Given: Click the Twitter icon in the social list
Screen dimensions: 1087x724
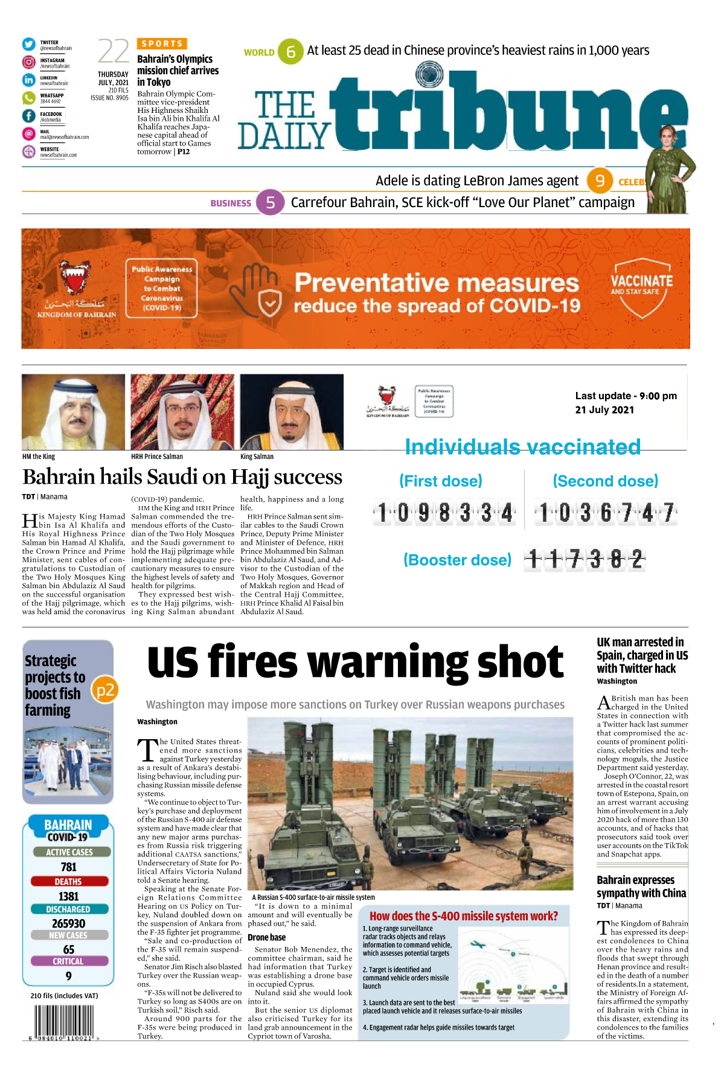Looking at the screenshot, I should (29, 45).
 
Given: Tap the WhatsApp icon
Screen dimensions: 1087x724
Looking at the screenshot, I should (29, 98).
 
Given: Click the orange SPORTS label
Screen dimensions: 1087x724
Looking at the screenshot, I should (162, 43).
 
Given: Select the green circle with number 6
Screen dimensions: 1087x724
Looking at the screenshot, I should (290, 52).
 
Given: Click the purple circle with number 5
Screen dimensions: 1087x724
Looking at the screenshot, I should (270, 203).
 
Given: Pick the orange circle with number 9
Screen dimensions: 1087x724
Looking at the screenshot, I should (600, 181).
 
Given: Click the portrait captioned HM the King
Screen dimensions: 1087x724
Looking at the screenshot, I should (73, 412).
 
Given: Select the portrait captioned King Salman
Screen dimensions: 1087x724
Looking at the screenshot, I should (292, 412).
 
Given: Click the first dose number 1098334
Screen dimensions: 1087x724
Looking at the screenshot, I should (444, 513).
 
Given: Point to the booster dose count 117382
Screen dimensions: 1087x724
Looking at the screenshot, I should (585, 560).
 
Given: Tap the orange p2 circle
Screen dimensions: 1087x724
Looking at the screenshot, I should (105, 690).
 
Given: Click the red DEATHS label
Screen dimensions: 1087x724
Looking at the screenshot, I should (68, 882).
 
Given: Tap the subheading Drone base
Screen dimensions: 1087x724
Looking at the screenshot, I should (266, 937).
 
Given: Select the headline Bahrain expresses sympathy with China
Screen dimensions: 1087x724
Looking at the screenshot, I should (641, 887).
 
